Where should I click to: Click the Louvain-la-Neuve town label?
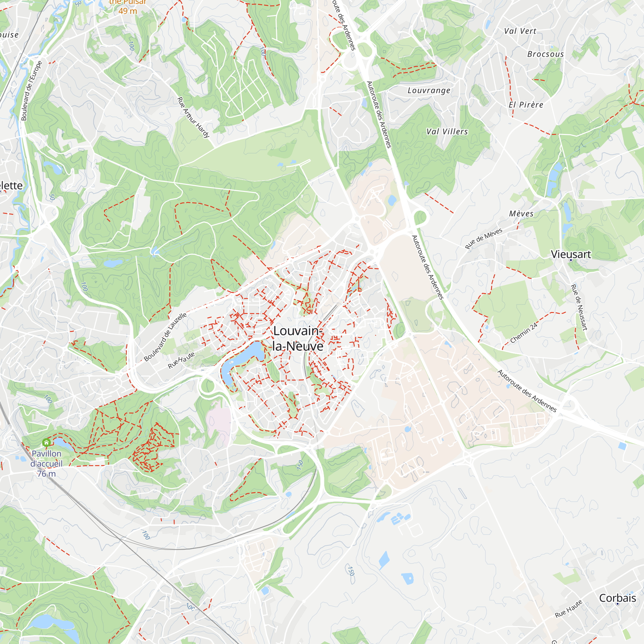pos(298,338)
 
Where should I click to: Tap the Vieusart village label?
pos(571,254)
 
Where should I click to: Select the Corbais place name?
pos(617,598)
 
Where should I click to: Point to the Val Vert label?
pos(520,31)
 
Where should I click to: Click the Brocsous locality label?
pos(545,54)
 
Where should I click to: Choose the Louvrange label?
pos(429,90)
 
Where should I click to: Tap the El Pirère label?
pos(526,105)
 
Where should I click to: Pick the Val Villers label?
pos(447,132)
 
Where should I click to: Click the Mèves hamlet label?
pos(521,214)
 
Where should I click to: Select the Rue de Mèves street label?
pos(483,239)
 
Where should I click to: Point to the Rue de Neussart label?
pos(579,307)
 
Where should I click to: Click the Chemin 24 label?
pos(524,333)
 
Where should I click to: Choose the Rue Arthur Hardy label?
pos(193,117)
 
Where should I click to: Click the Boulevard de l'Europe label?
pos(32,91)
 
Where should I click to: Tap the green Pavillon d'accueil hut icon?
pos(46,443)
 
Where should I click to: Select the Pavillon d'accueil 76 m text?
pos(46,463)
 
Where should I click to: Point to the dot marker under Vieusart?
pos(571,260)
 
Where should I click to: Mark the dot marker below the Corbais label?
pos(617,604)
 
